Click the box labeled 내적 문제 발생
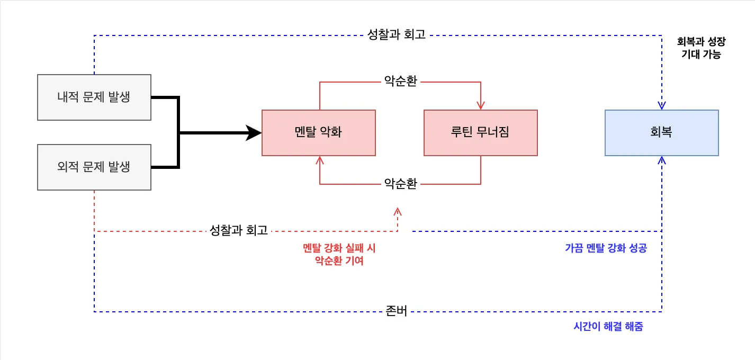click(94, 97)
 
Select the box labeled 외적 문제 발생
click(94, 167)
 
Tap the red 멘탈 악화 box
click(318, 132)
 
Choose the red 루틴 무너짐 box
click(480, 132)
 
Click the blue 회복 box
click(661, 132)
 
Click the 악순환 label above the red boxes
click(400, 82)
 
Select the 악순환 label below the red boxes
click(400, 184)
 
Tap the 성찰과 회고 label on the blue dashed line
click(397, 35)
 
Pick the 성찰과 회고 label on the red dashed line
click(239, 231)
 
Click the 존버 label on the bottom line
click(397, 312)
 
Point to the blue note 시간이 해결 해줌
click(608, 327)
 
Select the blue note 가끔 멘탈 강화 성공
click(606, 248)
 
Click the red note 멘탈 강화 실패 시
click(339, 248)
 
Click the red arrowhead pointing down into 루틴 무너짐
click(480, 105)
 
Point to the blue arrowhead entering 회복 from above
click(661, 105)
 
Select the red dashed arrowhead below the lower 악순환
click(398, 211)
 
